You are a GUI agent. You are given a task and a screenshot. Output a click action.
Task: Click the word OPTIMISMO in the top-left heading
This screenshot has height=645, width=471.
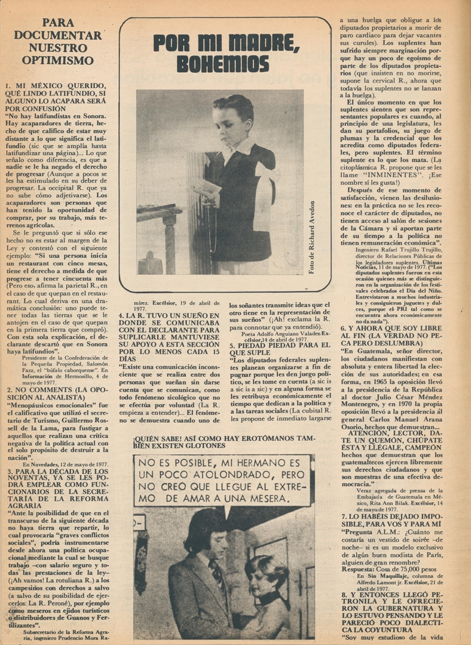pyautogui.click(x=58, y=60)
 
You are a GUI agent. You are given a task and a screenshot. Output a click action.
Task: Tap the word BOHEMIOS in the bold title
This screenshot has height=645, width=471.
pyautogui.click(x=224, y=63)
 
